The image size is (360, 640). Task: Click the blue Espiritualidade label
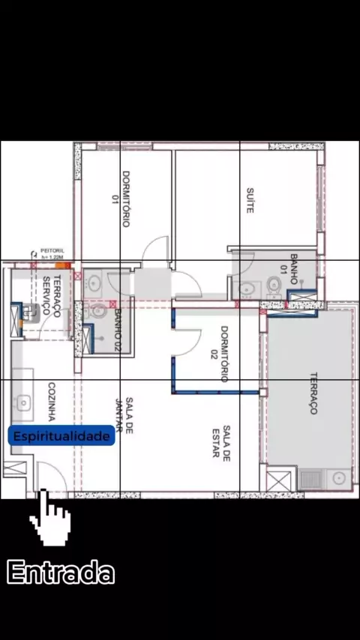61,435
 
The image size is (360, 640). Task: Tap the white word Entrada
61,573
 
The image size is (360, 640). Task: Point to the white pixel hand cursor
50,517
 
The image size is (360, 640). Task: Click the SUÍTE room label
250,200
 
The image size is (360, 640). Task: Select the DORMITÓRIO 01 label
121,199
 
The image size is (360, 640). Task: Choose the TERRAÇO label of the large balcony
313,393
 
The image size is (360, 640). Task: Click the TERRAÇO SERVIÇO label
52,296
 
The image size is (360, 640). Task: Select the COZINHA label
52,402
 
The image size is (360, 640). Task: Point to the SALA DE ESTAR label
221,441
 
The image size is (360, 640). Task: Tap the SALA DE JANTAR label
124,415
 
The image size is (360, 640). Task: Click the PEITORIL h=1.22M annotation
52,254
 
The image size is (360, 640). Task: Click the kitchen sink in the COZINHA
23,403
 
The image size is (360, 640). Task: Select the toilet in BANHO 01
273,283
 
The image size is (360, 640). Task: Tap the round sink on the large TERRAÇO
339,478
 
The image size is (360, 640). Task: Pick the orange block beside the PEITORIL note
62,265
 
